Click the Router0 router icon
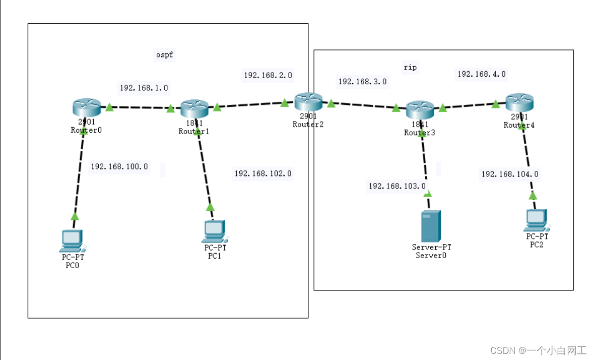click(x=87, y=107)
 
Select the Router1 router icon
click(x=194, y=107)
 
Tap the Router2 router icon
click(x=308, y=101)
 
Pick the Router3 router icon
click(x=420, y=108)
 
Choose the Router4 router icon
click(x=519, y=101)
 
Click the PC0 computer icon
click(x=72, y=241)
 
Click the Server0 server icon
click(x=431, y=225)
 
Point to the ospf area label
click(x=164, y=54)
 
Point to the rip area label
click(x=410, y=67)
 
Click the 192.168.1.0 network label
click(x=144, y=88)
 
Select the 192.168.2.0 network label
click(x=268, y=75)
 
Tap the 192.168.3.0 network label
click(x=362, y=81)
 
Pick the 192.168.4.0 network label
click(x=481, y=74)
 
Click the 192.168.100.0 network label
click(x=119, y=166)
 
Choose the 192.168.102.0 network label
click(x=262, y=173)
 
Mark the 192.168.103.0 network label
click(x=397, y=186)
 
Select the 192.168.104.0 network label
click(x=510, y=174)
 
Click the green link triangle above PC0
click(x=75, y=216)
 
